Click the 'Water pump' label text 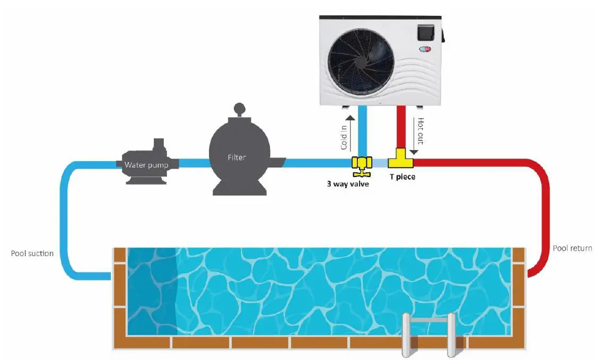coord(146,165)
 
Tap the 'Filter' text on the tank coord(237,157)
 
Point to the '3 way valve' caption coord(347,184)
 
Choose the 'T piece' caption coord(402,177)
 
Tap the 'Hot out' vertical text coord(421,131)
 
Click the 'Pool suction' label coord(32,253)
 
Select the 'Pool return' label coord(572,248)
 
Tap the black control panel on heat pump coord(427,33)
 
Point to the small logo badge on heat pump coord(426,51)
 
